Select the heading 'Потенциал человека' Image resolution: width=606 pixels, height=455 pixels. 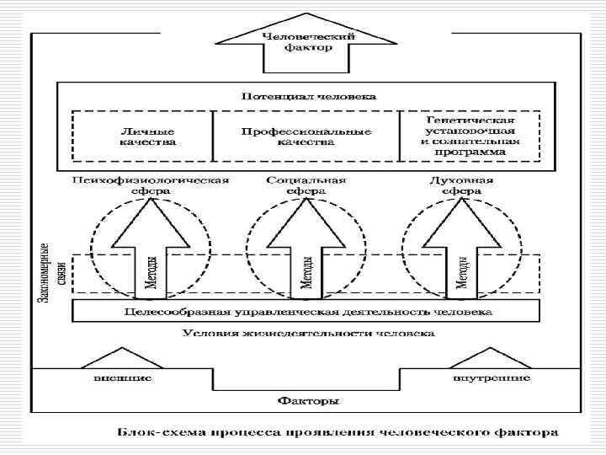pyautogui.click(x=309, y=96)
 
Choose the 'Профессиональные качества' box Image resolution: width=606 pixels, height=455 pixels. pyautogui.click(x=306, y=137)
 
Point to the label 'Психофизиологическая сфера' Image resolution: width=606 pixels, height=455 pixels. pyautogui.click(x=151, y=185)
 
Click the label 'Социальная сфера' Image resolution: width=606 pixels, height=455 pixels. pyautogui.click(x=306, y=185)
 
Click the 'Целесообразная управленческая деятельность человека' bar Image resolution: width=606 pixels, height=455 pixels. pyautogui.click(x=306, y=312)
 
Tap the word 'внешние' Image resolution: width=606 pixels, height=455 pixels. pyautogui.click(x=122, y=379)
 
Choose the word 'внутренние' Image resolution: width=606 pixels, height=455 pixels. pyautogui.click(x=491, y=379)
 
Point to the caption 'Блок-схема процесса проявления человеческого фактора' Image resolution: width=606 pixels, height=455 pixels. pyautogui.click(x=336, y=434)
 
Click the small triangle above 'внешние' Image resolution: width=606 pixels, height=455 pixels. pyautogui.click(x=122, y=357)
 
